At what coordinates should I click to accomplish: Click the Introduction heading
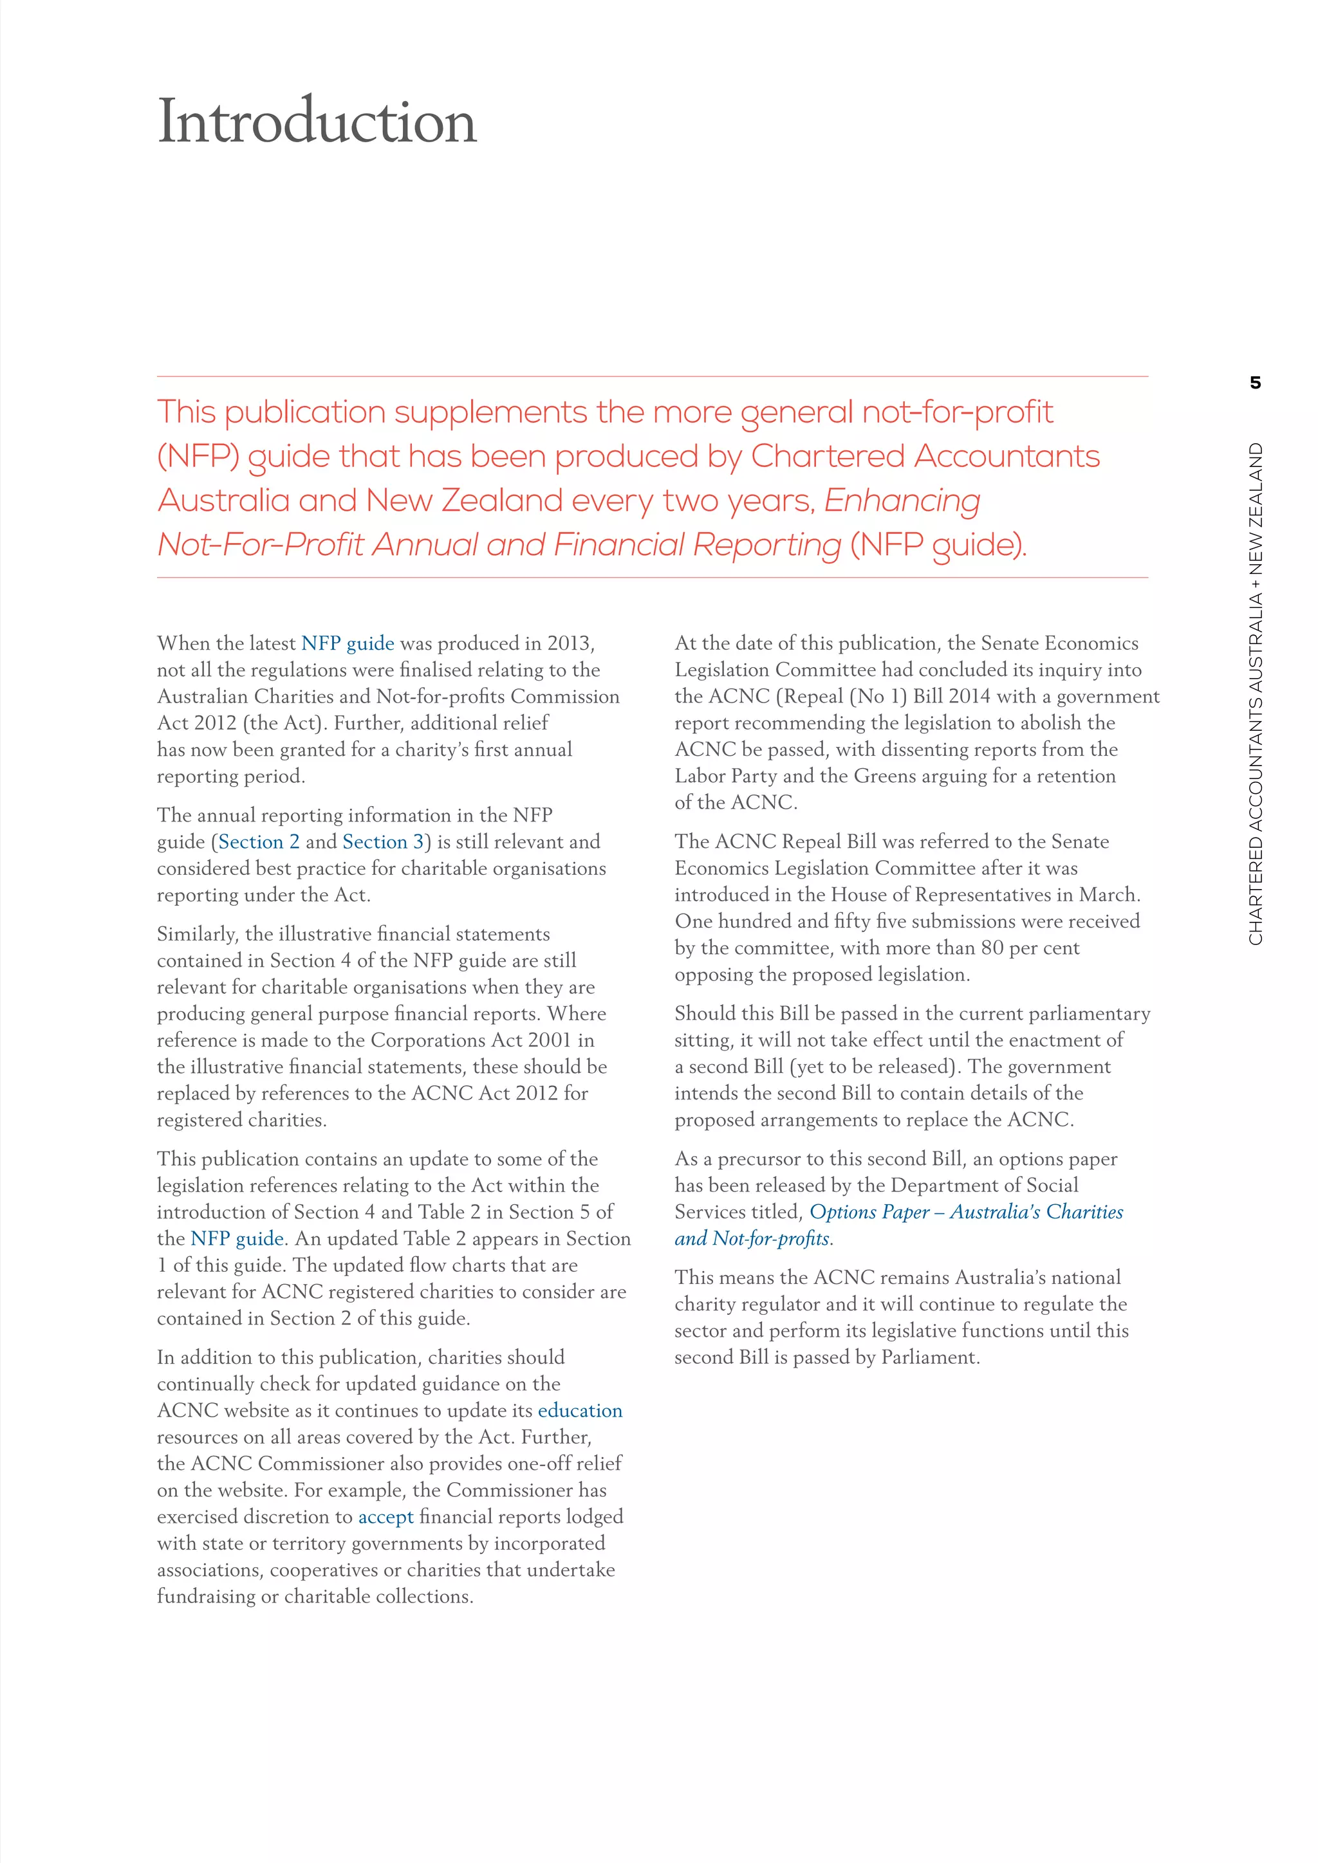(317, 122)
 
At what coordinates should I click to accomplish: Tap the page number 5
(1256, 383)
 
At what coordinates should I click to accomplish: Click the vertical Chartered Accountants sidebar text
(1256, 693)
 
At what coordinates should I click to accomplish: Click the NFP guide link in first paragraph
(348, 643)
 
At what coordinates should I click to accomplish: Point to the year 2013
(569, 643)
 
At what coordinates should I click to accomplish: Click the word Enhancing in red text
(902, 500)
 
